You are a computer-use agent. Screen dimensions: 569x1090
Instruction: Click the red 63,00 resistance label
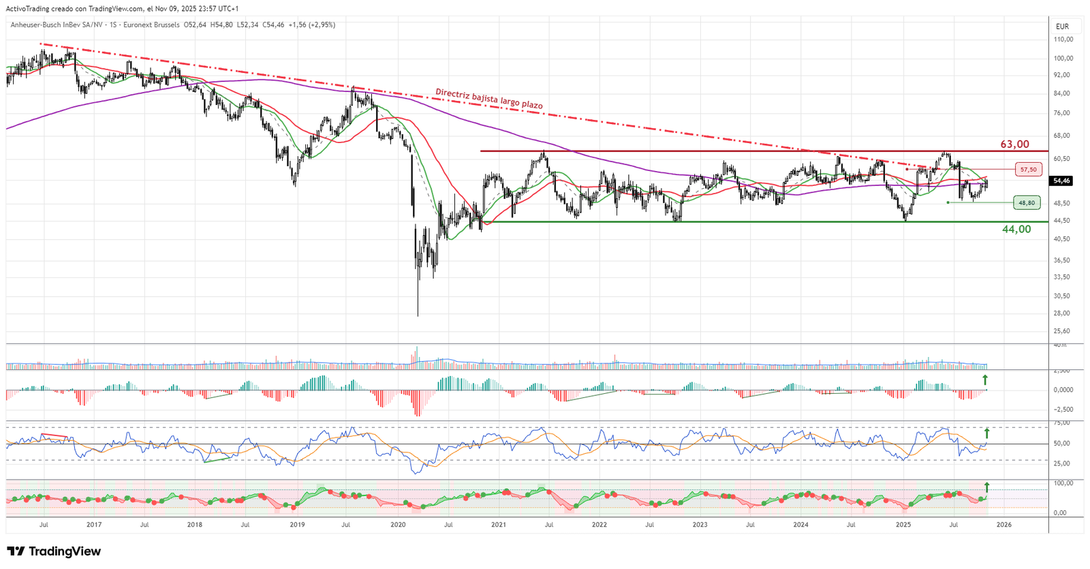pyautogui.click(x=1014, y=144)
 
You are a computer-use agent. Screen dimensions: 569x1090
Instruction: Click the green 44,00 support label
pyautogui.click(x=1016, y=230)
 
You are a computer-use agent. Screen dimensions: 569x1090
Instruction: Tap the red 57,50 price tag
pyautogui.click(x=1028, y=170)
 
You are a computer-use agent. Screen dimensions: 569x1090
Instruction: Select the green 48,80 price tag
pyautogui.click(x=1027, y=202)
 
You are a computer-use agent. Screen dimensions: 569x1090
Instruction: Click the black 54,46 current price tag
pyautogui.click(x=1061, y=181)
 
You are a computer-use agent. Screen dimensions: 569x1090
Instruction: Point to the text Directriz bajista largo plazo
pyautogui.click(x=489, y=99)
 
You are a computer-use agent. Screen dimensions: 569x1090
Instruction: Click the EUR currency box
pyautogui.click(x=1062, y=27)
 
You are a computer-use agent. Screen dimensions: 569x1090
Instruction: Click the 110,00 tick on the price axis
pyautogui.click(x=1063, y=40)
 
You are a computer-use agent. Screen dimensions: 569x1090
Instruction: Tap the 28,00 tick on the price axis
pyautogui.click(x=1061, y=313)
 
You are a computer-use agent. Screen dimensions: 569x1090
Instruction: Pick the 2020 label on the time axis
pyautogui.click(x=398, y=525)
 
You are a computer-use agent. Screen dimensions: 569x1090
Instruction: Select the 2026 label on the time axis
pyautogui.click(x=1004, y=525)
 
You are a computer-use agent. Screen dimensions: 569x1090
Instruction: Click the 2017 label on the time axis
pyautogui.click(x=94, y=525)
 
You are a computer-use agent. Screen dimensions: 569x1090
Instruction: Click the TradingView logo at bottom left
pyautogui.click(x=54, y=551)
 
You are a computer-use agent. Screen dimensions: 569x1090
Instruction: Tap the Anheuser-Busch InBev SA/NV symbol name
pyautogui.click(x=57, y=25)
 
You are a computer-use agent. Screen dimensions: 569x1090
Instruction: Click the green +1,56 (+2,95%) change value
pyautogui.click(x=311, y=25)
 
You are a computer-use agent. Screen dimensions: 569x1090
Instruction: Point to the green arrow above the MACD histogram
pyautogui.click(x=985, y=380)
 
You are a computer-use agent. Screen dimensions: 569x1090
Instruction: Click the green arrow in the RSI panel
pyautogui.click(x=986, y=433)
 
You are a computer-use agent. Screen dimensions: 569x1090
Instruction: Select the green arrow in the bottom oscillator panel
pyautogui.click(x=986, y=487)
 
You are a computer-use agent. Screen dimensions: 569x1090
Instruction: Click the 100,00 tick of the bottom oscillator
pyautogui.click(x=1063, y=483)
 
